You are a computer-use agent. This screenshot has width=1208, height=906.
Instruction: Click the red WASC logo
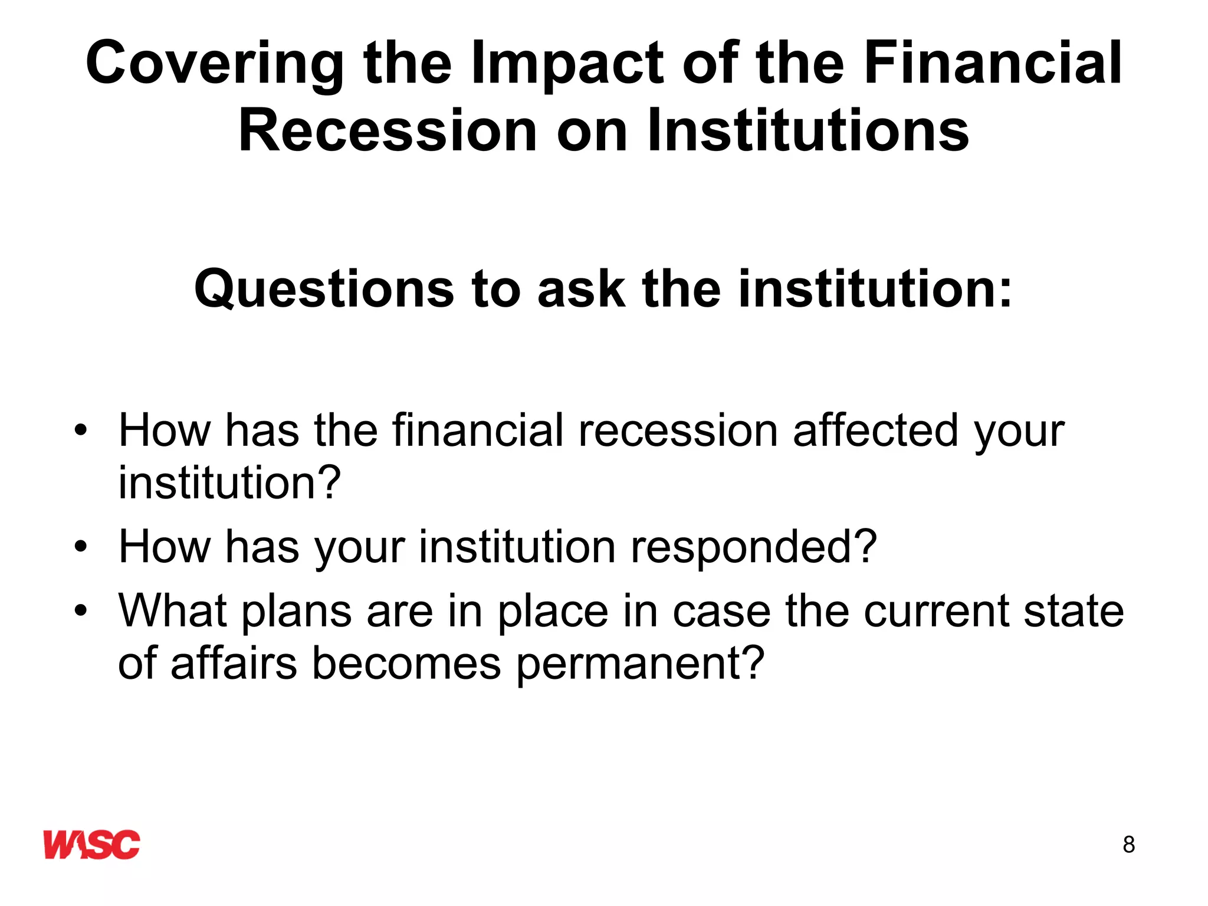click(91, 845)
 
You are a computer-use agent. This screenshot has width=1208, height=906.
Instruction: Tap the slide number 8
click(1128, 845)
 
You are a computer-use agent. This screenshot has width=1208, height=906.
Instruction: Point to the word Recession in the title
click(388, 131)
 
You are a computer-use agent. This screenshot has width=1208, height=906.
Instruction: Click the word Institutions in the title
click(808, 131)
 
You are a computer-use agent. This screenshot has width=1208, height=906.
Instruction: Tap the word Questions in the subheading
click(324, 289)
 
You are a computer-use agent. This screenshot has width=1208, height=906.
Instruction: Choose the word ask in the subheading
click(580, 289)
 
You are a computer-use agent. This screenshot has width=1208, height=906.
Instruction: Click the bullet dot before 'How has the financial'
click(80, 431)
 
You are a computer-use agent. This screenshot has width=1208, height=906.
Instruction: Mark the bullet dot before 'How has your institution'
click(80, 547)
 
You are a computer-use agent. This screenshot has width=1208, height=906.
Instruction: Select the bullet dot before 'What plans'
click(80, 610)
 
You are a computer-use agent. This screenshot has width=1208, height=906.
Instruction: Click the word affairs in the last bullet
click(234, 664)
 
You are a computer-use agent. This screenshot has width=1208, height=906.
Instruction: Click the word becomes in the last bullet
click(406, 664)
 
